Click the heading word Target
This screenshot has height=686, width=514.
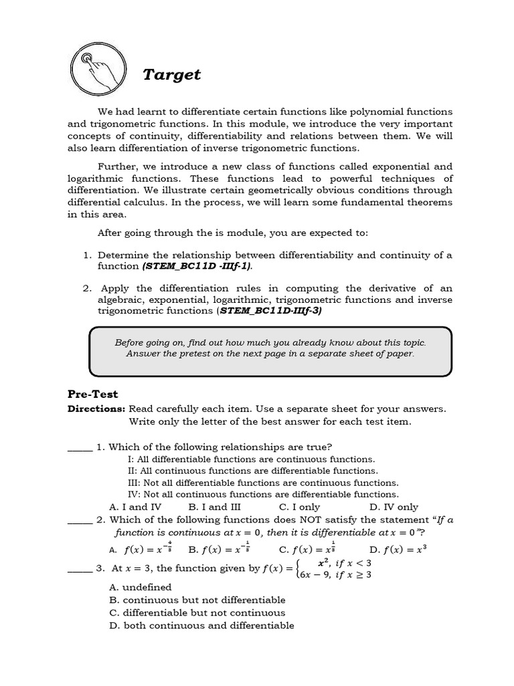(x=171, y=74)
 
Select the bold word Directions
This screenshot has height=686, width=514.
(x=96, y=409)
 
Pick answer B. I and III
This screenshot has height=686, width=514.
(x=214, y=506)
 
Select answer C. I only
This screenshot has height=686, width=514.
(x=299, y=506)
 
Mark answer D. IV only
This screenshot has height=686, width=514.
(x=394, y=506)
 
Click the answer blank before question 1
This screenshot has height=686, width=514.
(x=80, y=449)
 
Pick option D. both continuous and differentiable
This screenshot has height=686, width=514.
(x=201, y=626)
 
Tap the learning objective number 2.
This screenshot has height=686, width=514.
(x=87, y=288)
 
